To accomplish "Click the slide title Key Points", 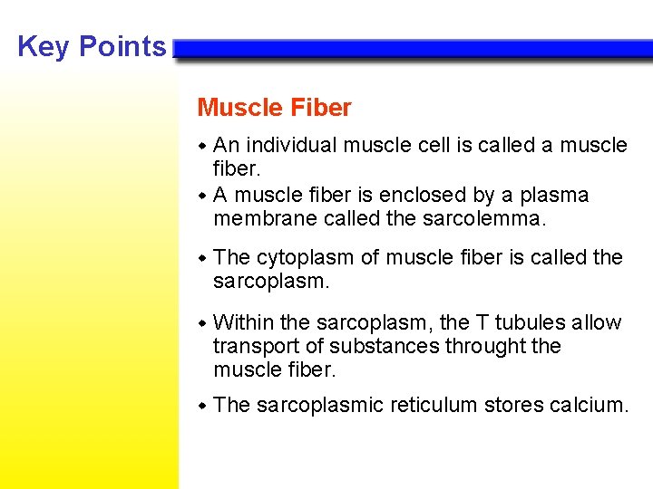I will (92, 46).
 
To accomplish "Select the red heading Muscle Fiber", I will (274, 108).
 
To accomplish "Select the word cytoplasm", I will (306, 258).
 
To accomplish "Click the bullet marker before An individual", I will (203, 145).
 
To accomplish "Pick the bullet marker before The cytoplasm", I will (203, 258).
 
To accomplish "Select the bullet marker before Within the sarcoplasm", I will (203, 323).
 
